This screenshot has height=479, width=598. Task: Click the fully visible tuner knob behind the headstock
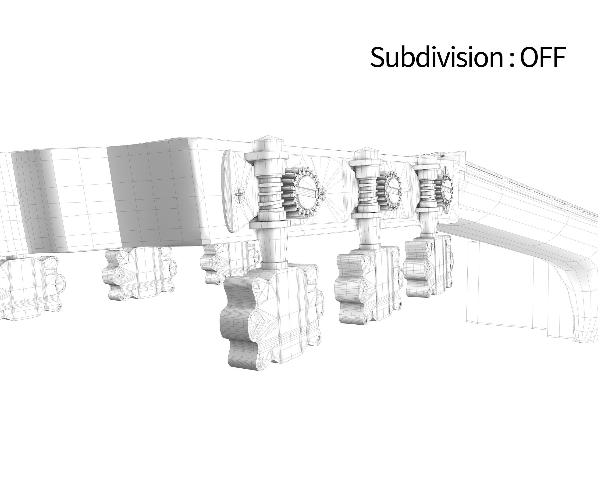click(139, 272)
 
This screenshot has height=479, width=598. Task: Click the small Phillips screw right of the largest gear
click(322, 192)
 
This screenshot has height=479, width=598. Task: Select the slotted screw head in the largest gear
click(306, 192)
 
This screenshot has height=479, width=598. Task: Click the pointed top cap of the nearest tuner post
click(268, 140)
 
